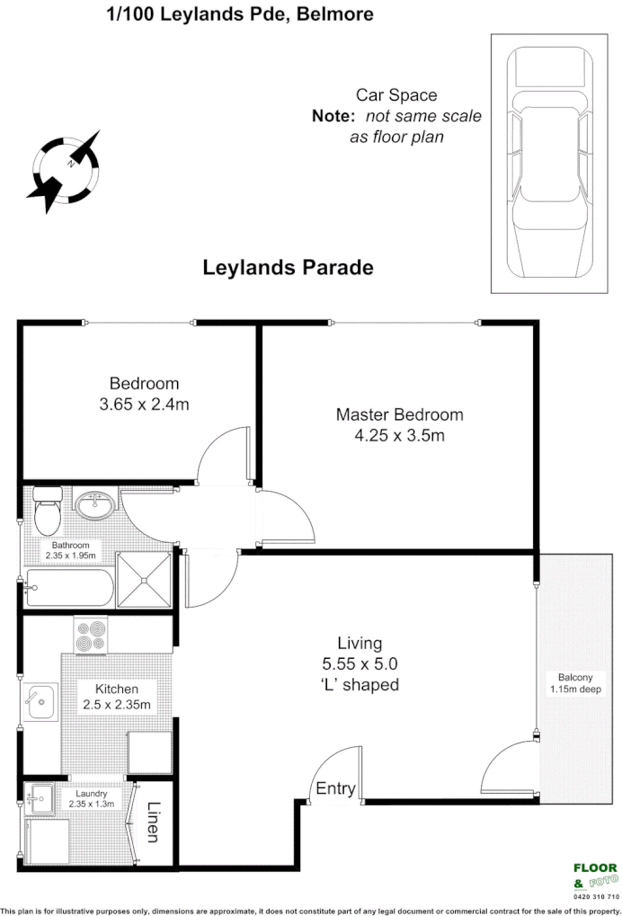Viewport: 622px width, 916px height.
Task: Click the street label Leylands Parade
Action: [x=288, y=268]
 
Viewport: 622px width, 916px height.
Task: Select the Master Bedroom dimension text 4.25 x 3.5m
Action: [x=400, y=436]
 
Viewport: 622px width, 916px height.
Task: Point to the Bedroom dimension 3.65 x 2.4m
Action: [x=144, y=405]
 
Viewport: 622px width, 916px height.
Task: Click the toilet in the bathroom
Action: [x=47, y=512]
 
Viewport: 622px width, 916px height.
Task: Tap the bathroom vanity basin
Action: [x=94, y=506]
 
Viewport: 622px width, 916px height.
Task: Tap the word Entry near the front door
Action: [x=335, y=790]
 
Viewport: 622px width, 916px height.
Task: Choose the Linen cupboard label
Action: [x=153, y=823]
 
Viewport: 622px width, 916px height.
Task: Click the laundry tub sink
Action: [x=40, y=798]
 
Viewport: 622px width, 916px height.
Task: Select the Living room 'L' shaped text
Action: [x=360, y=685]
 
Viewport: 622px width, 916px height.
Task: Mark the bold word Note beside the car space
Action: [x=333, y=117]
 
